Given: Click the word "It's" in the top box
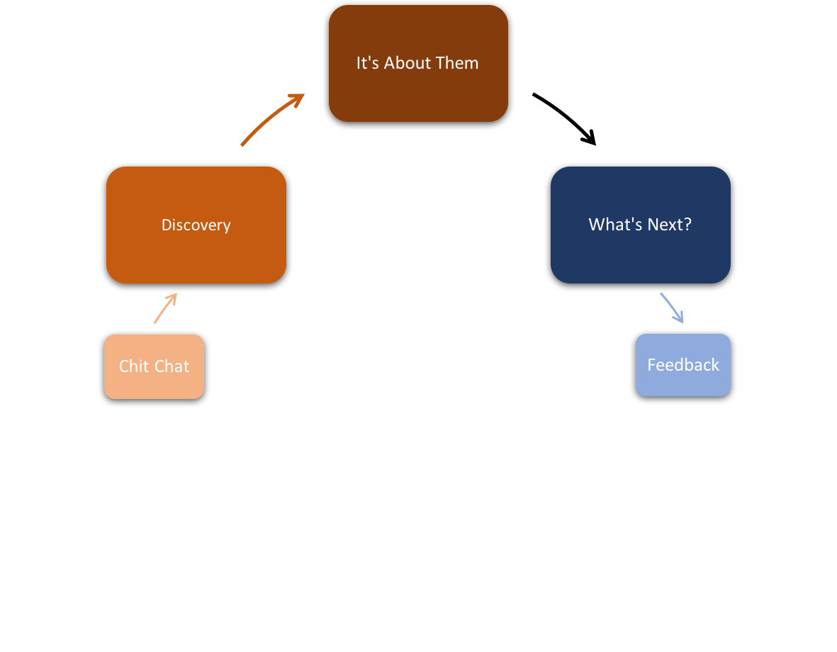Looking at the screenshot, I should point(367,63).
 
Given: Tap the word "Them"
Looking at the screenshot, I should point(457,63).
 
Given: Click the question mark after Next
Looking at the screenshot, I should point(687,225).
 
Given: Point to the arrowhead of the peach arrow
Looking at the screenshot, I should point(174,296).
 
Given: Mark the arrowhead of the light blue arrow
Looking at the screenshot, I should point(681,321).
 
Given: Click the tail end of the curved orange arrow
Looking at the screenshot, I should point(243,144).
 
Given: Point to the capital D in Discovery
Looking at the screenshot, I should point(167,225).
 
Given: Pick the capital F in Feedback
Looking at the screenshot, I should point(651,365).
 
